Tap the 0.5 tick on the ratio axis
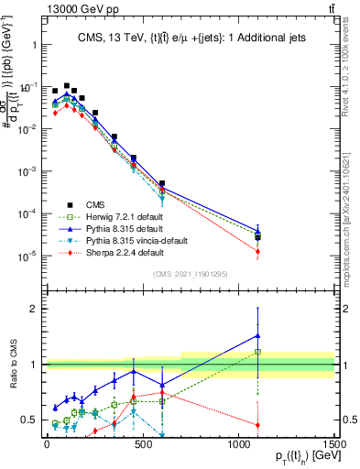[x=30, y=420]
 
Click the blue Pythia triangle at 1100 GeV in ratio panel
[x=258, y=335]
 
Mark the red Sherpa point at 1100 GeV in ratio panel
[x=258, y=425]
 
